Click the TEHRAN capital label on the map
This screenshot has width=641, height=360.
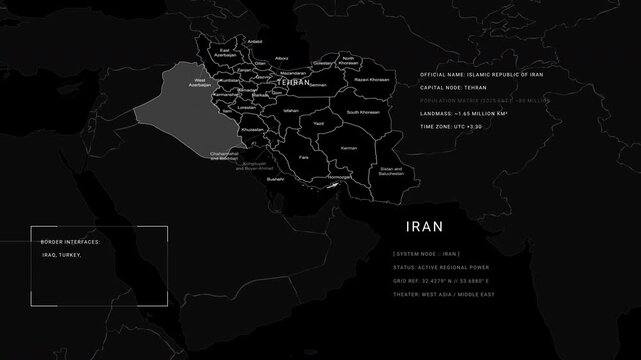[293, 83]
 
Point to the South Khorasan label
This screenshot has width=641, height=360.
[360, 112]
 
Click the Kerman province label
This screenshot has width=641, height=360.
[348, 148]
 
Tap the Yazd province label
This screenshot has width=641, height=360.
[318, 123]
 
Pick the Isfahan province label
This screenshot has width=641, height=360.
[291, 110]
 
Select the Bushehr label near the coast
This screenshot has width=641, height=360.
[276, 179]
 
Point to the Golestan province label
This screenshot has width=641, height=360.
[322, 63]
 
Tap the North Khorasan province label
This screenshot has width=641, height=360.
[349, 61]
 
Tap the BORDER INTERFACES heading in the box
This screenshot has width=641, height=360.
[70, 242]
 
